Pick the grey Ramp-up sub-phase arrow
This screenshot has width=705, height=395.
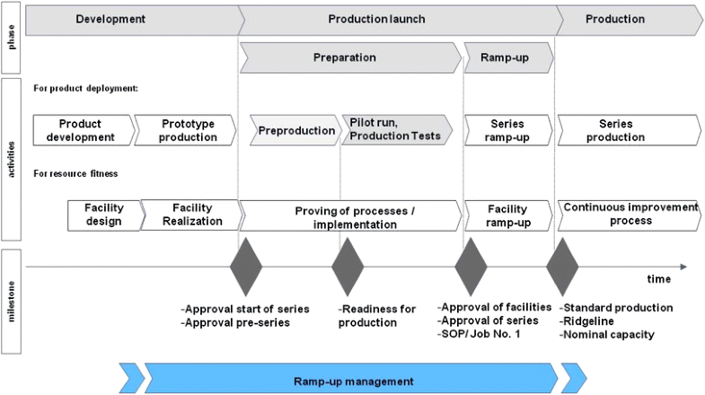pyautogui.click(x=508, y=57)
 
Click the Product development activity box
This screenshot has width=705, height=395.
pyautogui.click(x=81, y=130)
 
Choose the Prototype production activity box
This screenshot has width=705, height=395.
pyautogui.click(x=189, y=130)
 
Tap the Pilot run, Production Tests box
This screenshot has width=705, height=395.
pyautogui.click(x=395, y=130)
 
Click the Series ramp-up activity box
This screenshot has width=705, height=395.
pyautogui.click(x=508, y=130)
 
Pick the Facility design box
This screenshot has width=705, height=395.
pyautogui.click(x=105, y=215)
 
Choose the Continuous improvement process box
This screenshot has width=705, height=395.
pyautogui.click(x=629, y=215)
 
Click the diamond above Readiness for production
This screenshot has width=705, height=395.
pyautogui.click(x=348, y=267)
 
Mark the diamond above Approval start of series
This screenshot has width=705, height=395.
pyautogui.click(x=247, y=267)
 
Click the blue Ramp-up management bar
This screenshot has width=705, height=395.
pyautogui.click(x=352, y=380)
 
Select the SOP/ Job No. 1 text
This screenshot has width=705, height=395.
pyautogui.click(x=481, y=334)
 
